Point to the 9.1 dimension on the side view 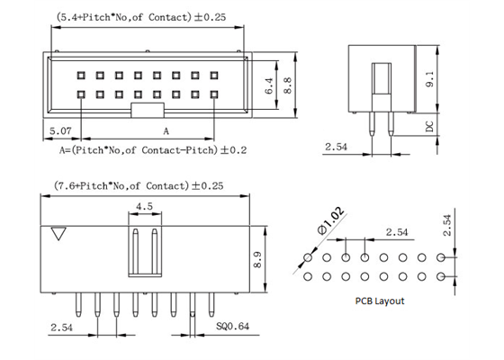(x=431, y=80)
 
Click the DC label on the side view (x=431, y=129)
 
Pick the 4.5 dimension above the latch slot (x=144, y=207)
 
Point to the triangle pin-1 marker (x=60, y=237)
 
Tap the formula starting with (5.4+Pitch (x=139, y=16)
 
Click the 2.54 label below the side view (x=334, y=145)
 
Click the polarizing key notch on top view (x=145, y=111)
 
